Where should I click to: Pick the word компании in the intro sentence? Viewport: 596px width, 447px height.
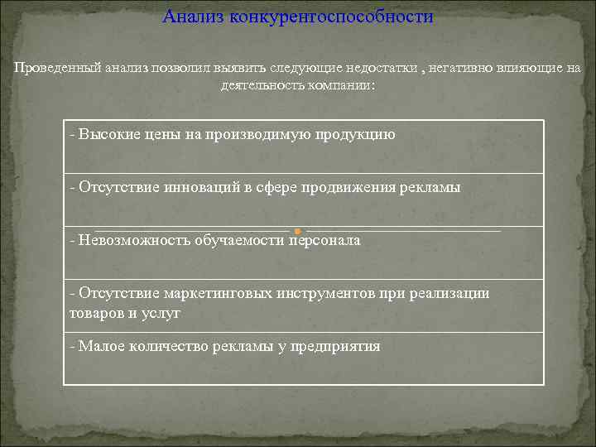[x=339, y=85]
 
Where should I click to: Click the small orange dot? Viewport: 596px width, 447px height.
[x=297, y=230]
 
